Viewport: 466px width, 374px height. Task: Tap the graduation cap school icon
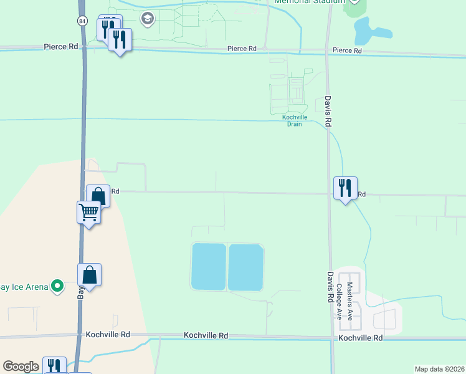(x=148, y=18)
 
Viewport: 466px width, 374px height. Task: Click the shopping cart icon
(x=89, y=213)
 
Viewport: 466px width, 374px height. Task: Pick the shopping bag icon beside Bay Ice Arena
(x=90, y=274)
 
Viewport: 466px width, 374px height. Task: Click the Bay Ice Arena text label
(x=24, y=287)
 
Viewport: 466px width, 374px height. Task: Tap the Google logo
(x=21, y=367)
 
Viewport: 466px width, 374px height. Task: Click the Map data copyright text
(x=439, y=369)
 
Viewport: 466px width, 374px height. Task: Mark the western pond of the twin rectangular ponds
(x=209, y=267)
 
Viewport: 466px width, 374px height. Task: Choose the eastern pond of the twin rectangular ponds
(x=245, y=267)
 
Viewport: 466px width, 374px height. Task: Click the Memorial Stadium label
(x=310, y=2)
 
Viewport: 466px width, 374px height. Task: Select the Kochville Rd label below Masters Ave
(x=360, y=338)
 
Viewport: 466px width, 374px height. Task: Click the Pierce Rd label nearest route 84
(x=60, y=47)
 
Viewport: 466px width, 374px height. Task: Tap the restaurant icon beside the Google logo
(x=55, y=365)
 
